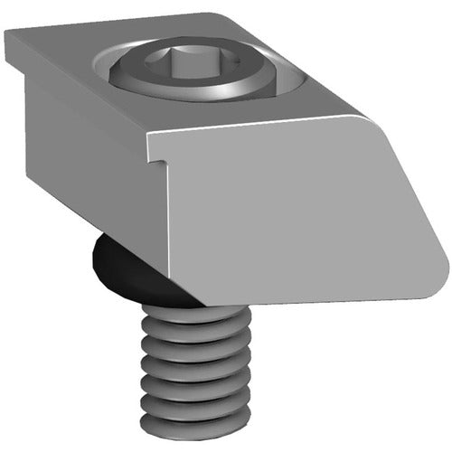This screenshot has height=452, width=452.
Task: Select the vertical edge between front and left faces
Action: [x=168, y=226]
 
